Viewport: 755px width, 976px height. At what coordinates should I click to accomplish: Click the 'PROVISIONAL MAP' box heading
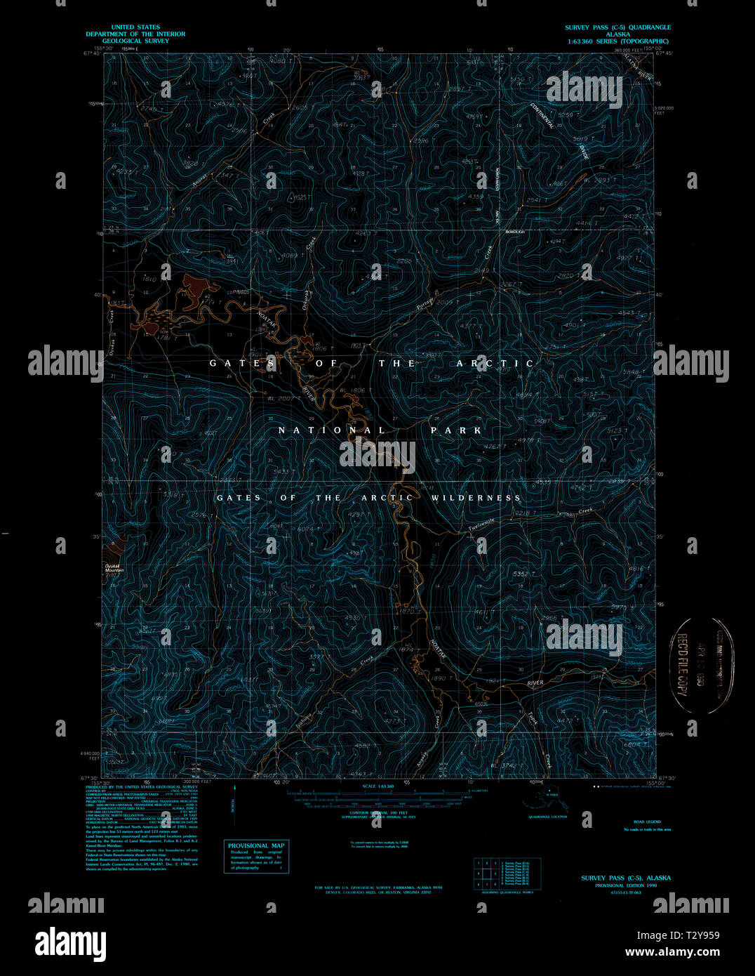click(256, 845)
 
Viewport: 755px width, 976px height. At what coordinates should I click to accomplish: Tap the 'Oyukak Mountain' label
click(114, 568)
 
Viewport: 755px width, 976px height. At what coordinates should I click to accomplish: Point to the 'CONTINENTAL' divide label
click(542, 115)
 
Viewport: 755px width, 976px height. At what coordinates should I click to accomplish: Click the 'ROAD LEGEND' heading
click(647, 822)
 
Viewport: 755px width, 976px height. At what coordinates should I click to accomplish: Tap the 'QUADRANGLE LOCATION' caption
click(548, 817)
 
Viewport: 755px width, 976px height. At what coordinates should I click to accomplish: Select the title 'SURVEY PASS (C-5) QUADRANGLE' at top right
click(617, 27)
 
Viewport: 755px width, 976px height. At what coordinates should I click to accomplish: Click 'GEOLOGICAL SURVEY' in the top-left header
click(135, 41)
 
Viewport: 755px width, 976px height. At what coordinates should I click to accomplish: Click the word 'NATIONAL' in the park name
click(331, 430)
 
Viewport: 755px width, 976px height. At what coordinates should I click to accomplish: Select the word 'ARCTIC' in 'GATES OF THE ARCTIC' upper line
click(495, 364)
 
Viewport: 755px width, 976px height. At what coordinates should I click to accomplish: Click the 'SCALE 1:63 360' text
click(377, 786)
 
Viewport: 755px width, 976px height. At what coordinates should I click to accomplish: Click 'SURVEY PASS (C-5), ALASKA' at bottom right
click(625, 878)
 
